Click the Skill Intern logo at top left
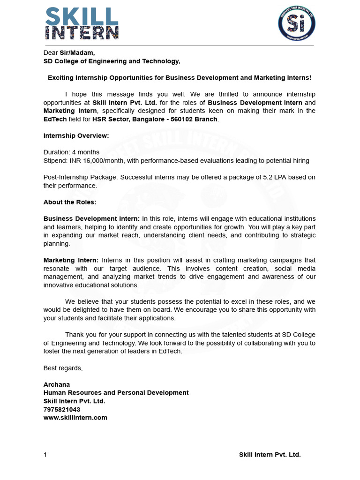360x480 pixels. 82,23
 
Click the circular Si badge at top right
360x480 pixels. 297,23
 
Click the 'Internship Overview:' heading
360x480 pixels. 76,135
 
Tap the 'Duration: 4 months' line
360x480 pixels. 71,152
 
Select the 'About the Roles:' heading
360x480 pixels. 70,202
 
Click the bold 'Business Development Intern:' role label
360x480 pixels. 91,219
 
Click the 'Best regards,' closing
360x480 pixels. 63,368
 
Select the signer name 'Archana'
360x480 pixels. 56,384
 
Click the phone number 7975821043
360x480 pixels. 62,409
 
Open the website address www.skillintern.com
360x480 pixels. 75,418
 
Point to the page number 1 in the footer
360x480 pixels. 45,455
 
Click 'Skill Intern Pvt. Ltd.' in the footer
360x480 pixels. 270,455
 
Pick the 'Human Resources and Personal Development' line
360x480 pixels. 116,393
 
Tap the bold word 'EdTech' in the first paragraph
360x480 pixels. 54,119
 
